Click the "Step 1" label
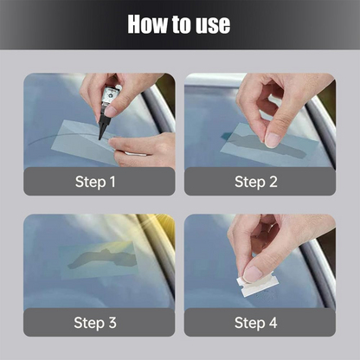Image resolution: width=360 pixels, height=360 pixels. [x=95, y=182]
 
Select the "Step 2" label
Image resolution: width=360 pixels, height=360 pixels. [x=256, y=182]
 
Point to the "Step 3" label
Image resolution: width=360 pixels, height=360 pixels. [x=95, y=323]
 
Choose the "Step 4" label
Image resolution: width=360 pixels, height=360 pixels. [x=256, y=323]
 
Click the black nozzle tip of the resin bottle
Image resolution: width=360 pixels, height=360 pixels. [x=100, y=138]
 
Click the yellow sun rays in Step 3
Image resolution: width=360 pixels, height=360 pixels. [x=157, y=228]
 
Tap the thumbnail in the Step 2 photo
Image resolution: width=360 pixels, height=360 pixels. [x=272, y=140]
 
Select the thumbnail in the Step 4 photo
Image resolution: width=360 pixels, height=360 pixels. [x=253, y=274]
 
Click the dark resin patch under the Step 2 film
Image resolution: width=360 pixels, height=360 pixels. [x=266, y=145]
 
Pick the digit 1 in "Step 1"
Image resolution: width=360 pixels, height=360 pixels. [x=112, y=182]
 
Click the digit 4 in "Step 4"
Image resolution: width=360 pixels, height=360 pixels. [x=273, y=322]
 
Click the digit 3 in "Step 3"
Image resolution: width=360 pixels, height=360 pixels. [x=112, y=322]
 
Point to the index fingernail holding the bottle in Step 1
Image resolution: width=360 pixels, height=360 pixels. [x=112, y=110]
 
